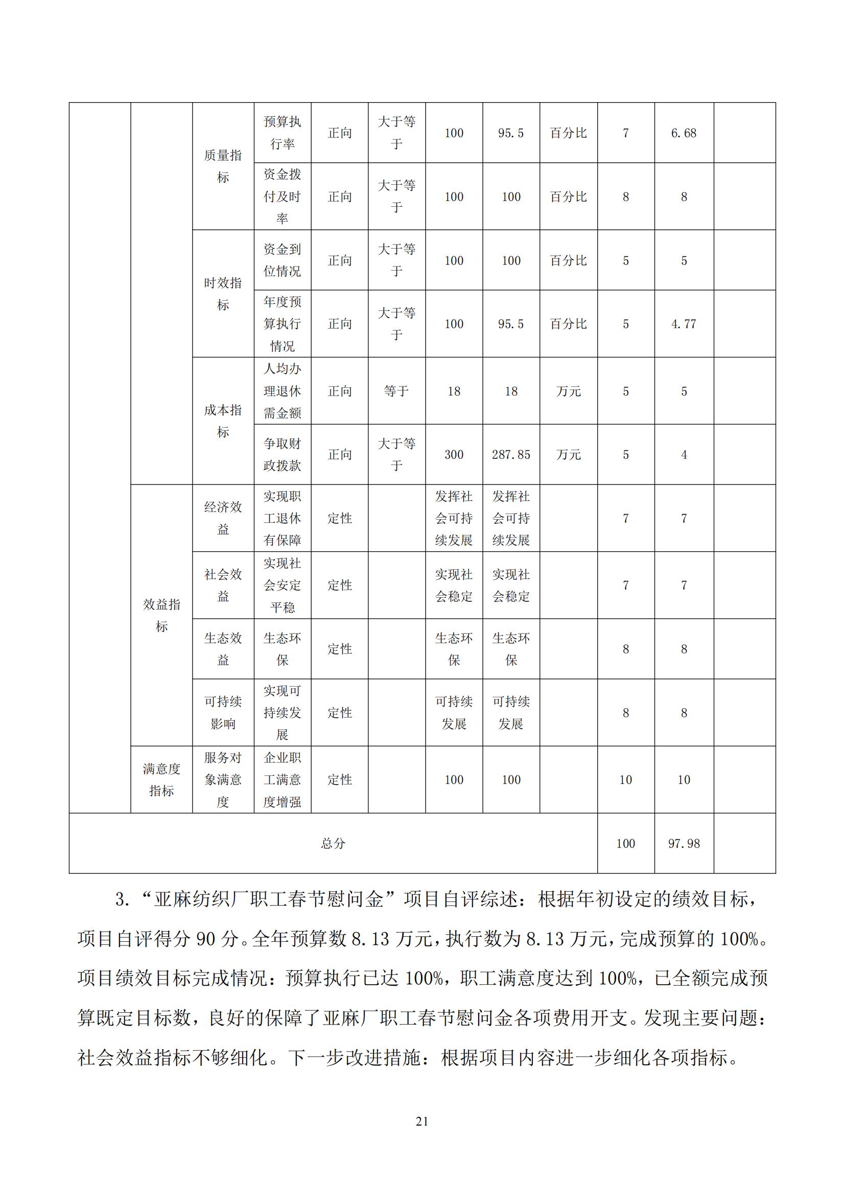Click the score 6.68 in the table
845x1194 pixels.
(x=683, y=133)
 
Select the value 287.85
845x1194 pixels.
(x=511, y=454)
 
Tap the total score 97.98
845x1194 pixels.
(x=684, y=843)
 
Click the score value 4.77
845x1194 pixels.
(x=683, y=324)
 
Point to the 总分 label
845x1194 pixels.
(x=333, y=843)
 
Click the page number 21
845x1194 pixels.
(x=422, y=1121)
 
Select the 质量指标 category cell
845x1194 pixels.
(x=223, y=166)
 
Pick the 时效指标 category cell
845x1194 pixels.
(x=223, y=294)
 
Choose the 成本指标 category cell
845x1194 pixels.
(x=223, y=421)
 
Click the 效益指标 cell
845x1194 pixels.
(x=161, y=615)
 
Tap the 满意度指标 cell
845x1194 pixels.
(x=161, y=779)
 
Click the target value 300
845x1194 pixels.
(x=454, y=454)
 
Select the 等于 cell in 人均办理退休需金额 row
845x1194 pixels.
(x=396, y=391)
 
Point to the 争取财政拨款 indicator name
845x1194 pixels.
(x=282, y=454)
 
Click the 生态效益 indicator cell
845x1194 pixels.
(x=223, y=649)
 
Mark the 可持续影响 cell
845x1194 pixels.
(x=223, y=713)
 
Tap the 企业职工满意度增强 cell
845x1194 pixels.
(x=282, y=779)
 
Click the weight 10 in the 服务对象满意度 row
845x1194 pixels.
(x=625, y=779)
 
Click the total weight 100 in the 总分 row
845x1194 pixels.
(x=625, y=843)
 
